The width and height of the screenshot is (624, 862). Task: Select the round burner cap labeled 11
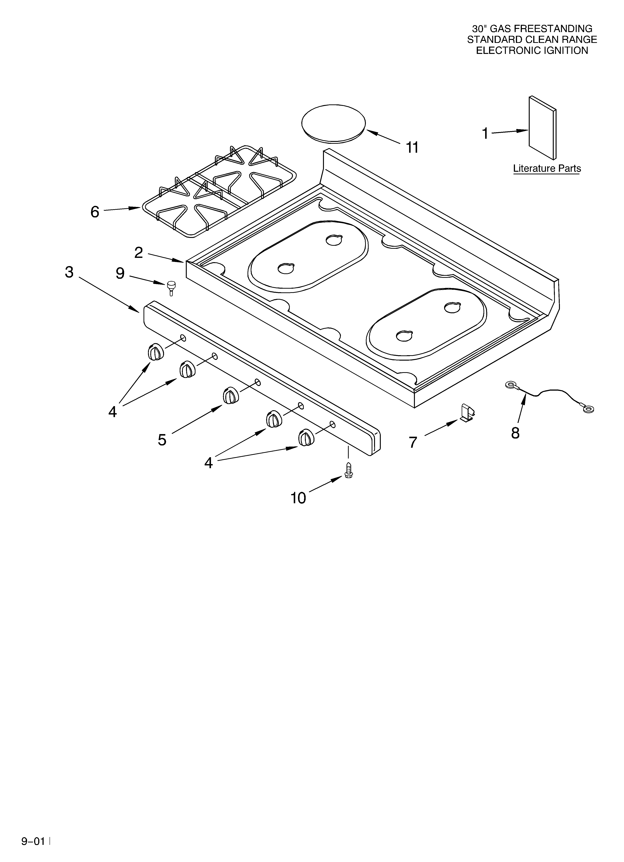333,123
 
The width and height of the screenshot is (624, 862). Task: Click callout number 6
95,212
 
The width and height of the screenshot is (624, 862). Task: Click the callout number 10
298,498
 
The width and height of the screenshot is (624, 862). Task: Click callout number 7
413,442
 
